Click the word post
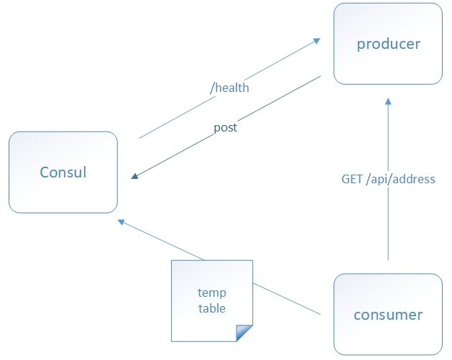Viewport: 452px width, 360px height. point(225,128)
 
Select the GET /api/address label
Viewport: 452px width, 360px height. point(388,179)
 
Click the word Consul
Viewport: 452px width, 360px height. point(63,172)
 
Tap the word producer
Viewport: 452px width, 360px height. point(388,45)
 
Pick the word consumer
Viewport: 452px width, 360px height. point(388,315)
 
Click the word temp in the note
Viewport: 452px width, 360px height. point(212,292)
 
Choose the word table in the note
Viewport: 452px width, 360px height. point(212,308)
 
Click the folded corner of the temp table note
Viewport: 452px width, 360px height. point(246,333)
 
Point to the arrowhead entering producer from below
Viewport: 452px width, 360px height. point(388,102)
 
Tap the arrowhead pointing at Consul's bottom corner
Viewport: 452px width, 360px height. point(122,221)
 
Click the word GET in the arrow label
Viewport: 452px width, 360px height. point(352,179)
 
